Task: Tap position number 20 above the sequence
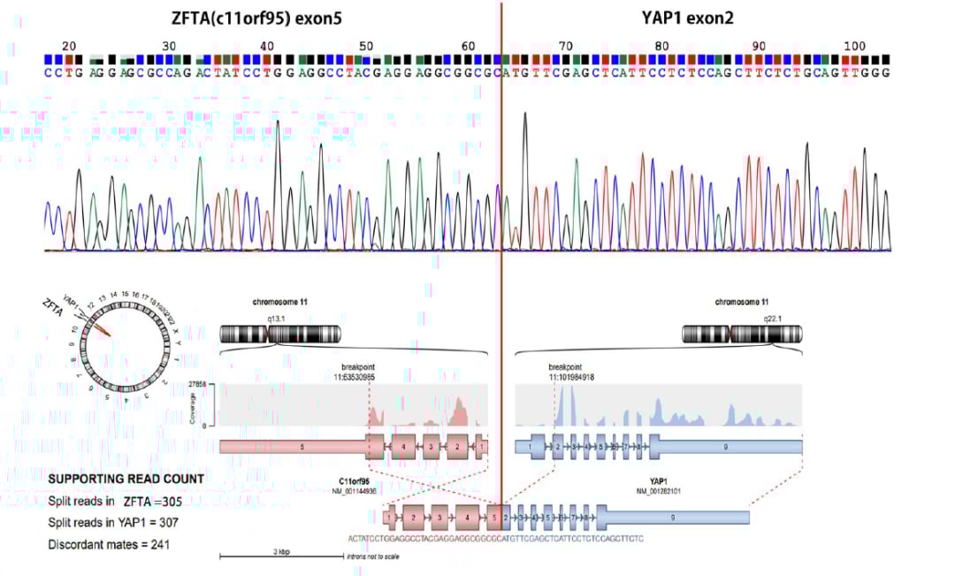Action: (70, 46)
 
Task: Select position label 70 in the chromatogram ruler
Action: (566, 46)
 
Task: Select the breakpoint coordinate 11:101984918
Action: (571, 376)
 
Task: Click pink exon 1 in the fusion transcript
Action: (390, 517)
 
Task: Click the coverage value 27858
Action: (203, 385)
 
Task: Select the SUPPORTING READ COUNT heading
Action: (126, 479)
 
